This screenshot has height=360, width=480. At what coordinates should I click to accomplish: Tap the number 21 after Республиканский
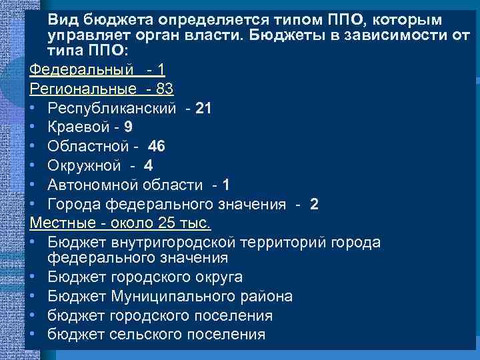pos(204,108)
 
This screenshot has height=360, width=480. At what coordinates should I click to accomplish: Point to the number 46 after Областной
pos(157,146)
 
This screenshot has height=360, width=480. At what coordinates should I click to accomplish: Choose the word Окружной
pos(85,165)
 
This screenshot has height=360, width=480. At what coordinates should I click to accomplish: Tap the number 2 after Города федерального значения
pos(314,204)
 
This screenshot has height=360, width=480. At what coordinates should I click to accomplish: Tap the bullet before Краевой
pos(33,127)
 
